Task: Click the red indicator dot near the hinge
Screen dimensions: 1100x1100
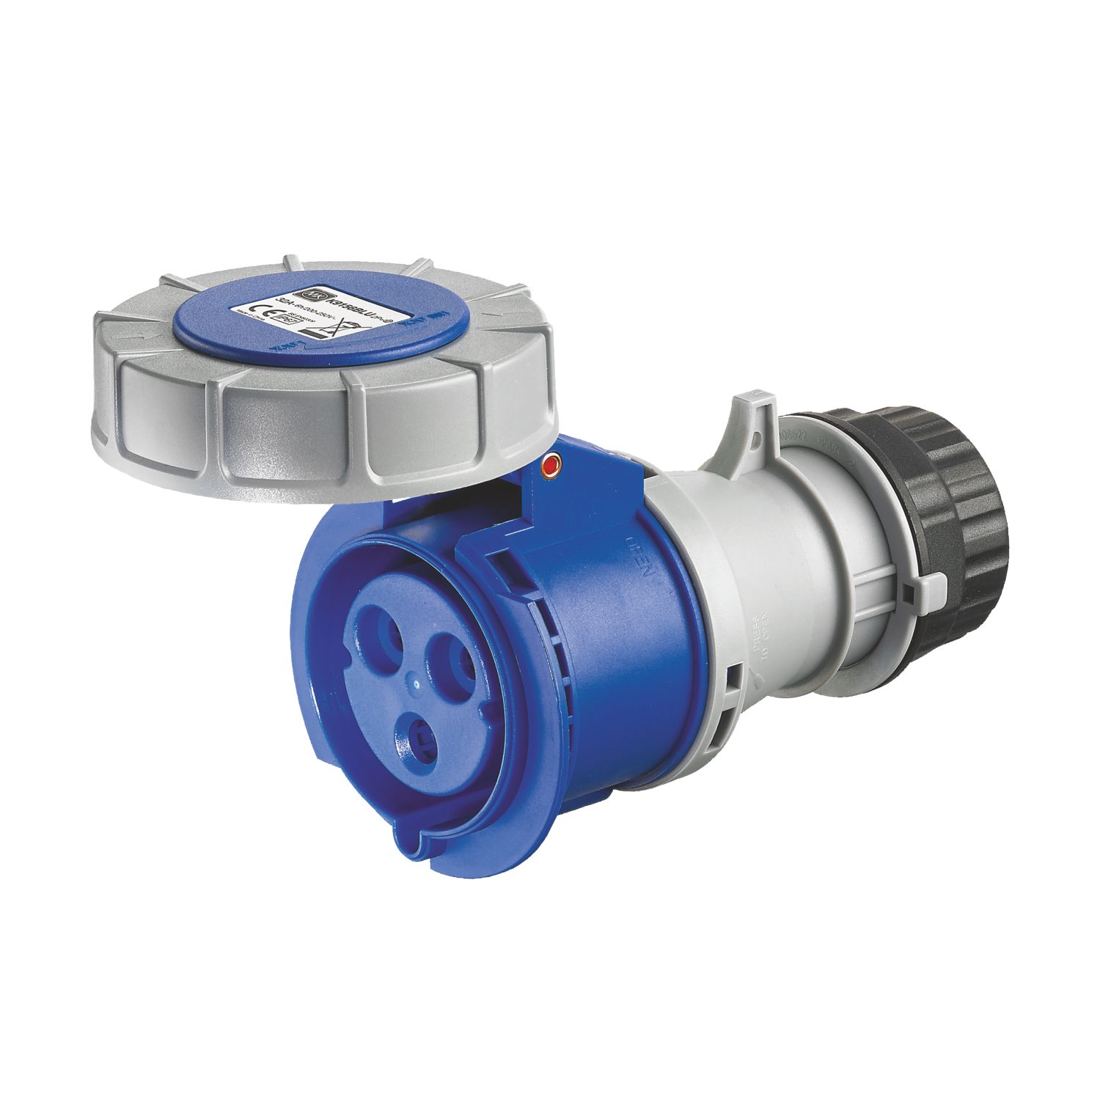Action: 550,463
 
